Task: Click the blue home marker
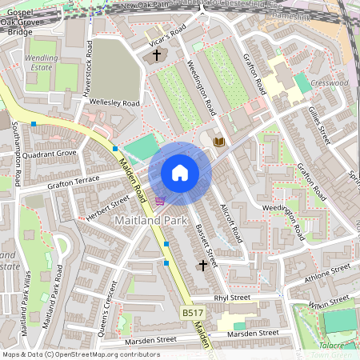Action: point(179,173)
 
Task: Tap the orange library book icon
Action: point(219,142)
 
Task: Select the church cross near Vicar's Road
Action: point(156,55)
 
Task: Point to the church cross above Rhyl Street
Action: point(202,264)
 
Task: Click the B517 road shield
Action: point(192,313)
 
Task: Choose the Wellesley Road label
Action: point(115,103)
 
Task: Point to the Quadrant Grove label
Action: point(50,153)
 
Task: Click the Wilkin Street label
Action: point(330,302)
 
